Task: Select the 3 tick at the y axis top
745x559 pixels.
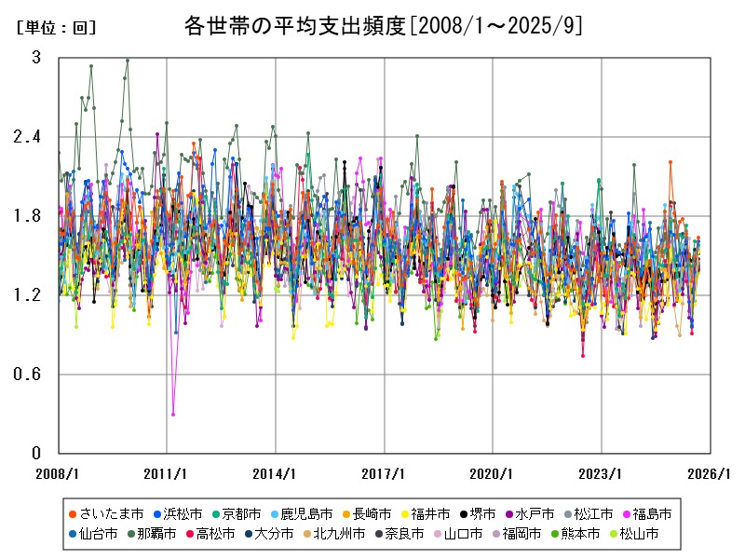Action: click(36, 58)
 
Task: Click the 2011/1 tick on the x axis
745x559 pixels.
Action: click(167, 473)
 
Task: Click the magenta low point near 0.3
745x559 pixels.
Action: click(173, 414)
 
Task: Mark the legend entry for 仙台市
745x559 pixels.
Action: click(92, 534)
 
